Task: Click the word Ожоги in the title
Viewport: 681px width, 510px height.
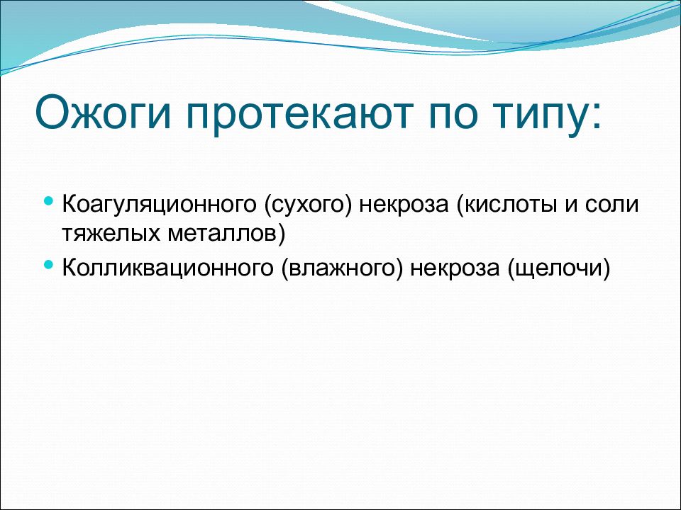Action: (x=103, y=113)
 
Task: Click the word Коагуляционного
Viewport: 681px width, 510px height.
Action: (x=159, y=204)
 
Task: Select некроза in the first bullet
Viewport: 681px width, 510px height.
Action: (x=403, y=205)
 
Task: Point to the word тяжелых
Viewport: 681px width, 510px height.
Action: (x=111, y=234)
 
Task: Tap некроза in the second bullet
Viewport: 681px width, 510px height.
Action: (x=454, y=269)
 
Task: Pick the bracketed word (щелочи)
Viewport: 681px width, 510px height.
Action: (x=558, y=268)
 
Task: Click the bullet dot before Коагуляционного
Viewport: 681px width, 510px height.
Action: (x=49, y=201)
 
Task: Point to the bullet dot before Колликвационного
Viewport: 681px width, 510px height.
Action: (x=49, y=264)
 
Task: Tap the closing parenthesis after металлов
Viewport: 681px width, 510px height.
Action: (x=282, y=234)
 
